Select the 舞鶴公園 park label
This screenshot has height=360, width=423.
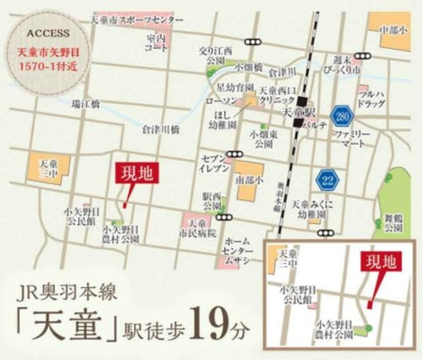point(392,221)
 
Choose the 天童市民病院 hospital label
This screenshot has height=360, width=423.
point(198,226)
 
